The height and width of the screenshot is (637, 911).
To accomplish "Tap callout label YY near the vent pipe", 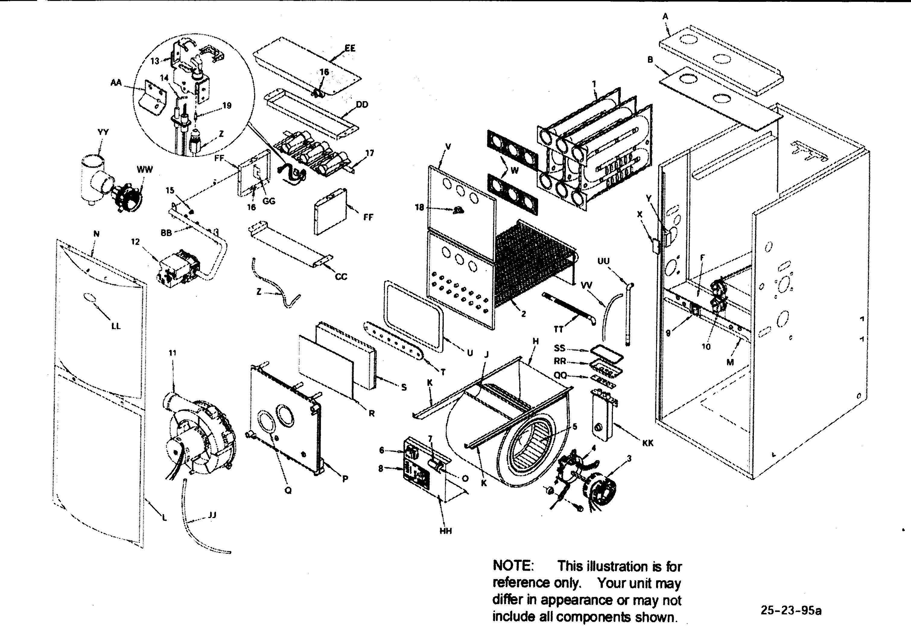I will (103, 132).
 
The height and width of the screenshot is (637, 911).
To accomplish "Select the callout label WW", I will (144, 170).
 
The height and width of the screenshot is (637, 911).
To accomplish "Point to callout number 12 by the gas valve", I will (135, 242).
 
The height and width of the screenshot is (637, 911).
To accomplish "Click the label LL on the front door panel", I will (116, 326).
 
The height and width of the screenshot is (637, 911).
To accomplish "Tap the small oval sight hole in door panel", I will (89, 298).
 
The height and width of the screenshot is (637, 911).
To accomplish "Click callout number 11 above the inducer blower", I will (173, 353).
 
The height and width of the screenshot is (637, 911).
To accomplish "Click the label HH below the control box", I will (446, 531).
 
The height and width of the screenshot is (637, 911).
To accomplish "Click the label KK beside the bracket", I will (648, 443).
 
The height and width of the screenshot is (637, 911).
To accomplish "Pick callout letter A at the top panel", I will (665, 16).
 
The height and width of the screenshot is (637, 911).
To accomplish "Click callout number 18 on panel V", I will (419, 207).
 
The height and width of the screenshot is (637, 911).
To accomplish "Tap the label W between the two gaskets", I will (514, 171).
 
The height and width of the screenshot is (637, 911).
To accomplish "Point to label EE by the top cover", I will (350, 48).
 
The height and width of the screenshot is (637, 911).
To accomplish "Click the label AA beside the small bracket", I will (116, 83).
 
